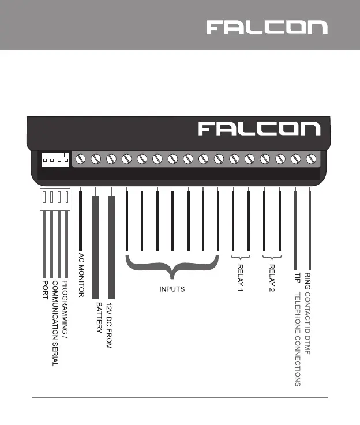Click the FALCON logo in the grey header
click(267, 27)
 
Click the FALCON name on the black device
click(259, 129)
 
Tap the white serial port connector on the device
click(55, 159)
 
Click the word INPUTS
click(172, 289)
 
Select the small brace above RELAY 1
click(240, 256)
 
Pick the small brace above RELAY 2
click(272, 256)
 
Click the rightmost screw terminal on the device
click(311, 159)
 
